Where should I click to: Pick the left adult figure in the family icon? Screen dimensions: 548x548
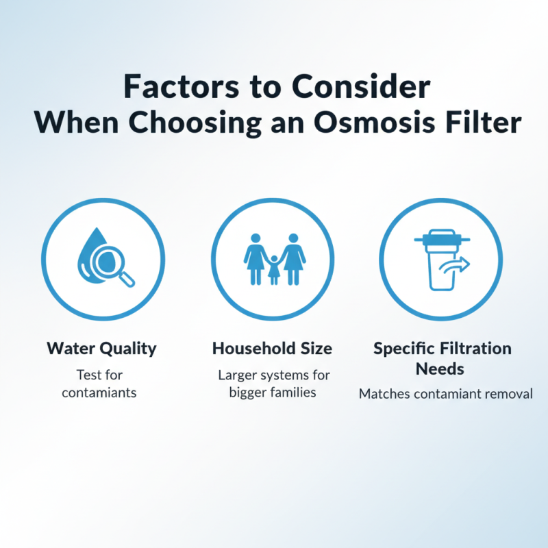(255, 258)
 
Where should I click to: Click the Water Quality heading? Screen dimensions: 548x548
(101, 348)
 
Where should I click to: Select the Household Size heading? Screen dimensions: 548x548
(272, 348)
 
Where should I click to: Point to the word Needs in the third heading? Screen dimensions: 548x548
(442, 369)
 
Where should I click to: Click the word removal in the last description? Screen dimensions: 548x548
(510, 394)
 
